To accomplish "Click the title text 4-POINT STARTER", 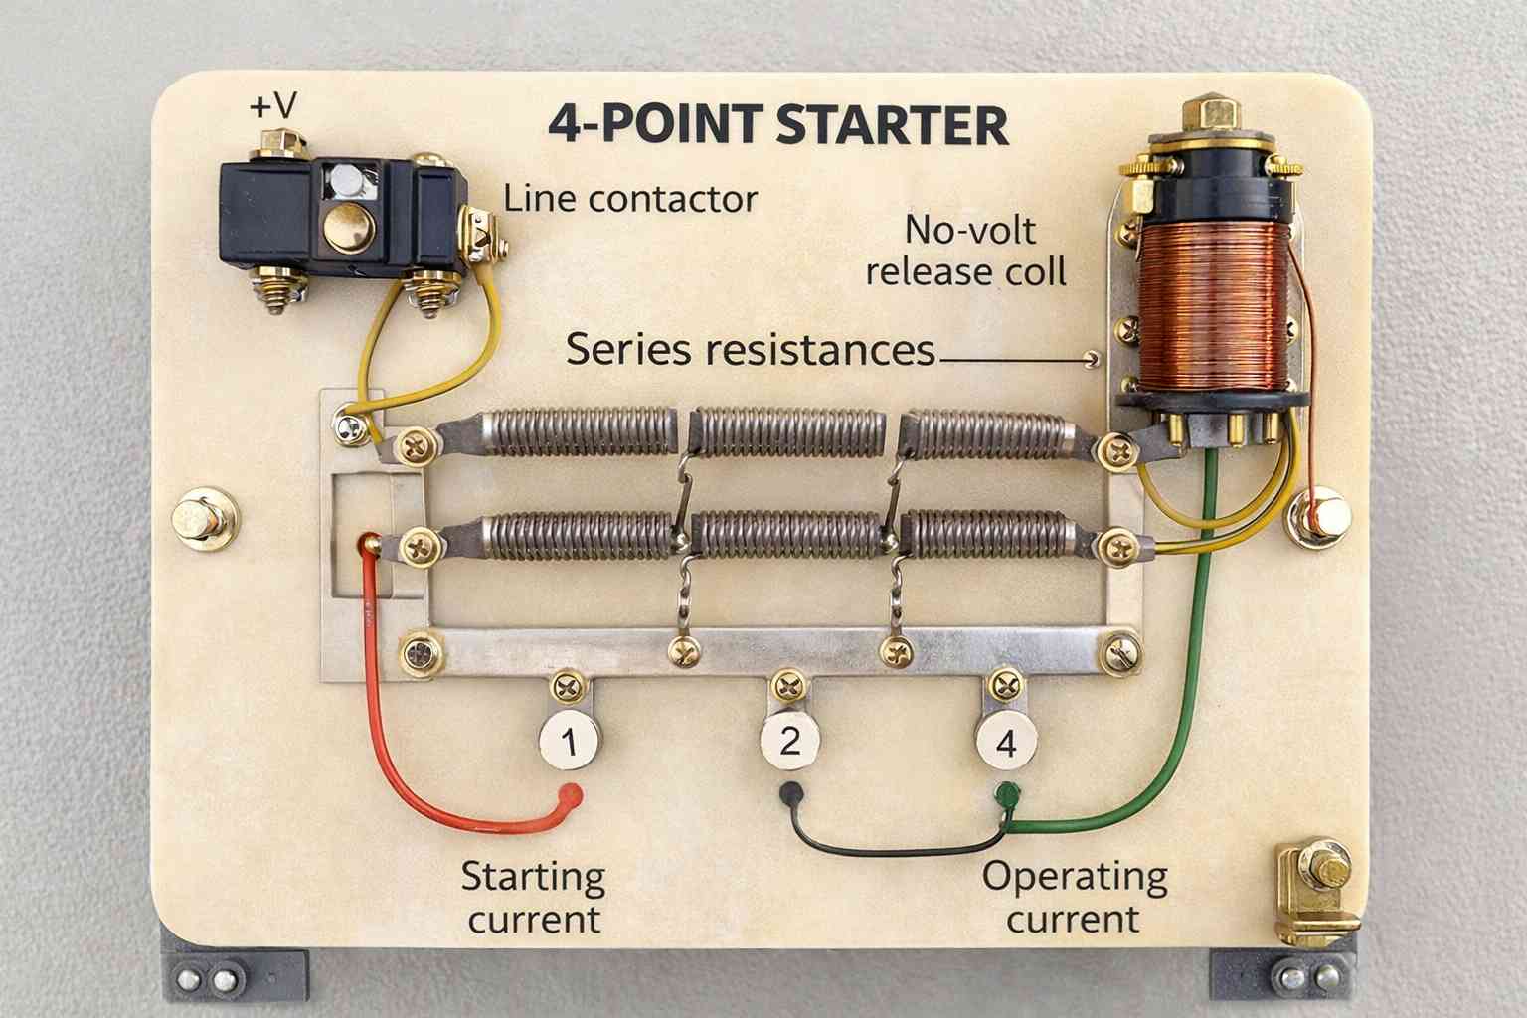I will [778, 126].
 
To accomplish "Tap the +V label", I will [272, 105].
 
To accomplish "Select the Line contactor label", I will [630, 199].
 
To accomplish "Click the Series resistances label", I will [751, 350].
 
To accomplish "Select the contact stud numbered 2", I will [789, 741].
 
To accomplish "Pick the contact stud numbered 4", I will [1006, 743].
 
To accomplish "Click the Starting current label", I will [534, 898].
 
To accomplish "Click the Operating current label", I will [1074, 898].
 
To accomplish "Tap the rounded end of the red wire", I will [570, 792].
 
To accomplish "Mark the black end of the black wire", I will [792, 792].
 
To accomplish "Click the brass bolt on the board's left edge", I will [205, 519].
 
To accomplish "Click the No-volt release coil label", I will [966, 251].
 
